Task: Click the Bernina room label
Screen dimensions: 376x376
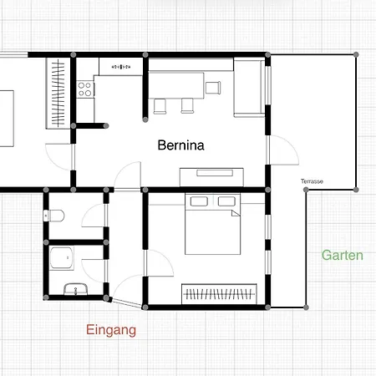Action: pyautogui.click(x=180, y=145)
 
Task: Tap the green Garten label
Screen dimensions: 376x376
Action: pyautogui.click(x=343, y=255)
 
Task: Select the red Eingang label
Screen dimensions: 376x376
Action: pyautogui.click(x=111, y=330)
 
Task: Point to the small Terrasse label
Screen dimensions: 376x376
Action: pyautogui.click(x=312, y=181)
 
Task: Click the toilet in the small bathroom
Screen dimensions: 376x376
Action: pyautogui.click(x=54, y=216)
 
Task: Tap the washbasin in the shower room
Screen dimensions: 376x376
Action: pyautogui.click(x=76, y=289)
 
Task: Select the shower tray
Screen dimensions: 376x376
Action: pyautogui.click(x=62, y=258)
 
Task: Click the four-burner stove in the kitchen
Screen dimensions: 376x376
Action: pyautogui.click(x=85, y=89)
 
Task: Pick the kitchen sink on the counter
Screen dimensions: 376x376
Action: pyautogui.click(x=121, y=67)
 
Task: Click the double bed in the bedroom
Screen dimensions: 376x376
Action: pyautogui.click(x=213, y=224)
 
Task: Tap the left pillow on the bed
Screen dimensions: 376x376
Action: pyautogui.click(x=199, y=201)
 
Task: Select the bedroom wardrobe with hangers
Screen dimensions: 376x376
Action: pyautogui.click(x=219, y=294)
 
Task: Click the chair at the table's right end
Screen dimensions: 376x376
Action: pyautogui.click(x=213, y=88)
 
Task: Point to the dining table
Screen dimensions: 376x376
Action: pyautogui.click(x=176, y=85)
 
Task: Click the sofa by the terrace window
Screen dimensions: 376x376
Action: pyautogui.click(x=249, y=87)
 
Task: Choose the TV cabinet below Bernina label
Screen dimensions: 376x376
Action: pyautogui.click(x=211, y=177)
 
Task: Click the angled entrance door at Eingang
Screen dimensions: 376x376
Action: pyautogui.click(x=127, y=303)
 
